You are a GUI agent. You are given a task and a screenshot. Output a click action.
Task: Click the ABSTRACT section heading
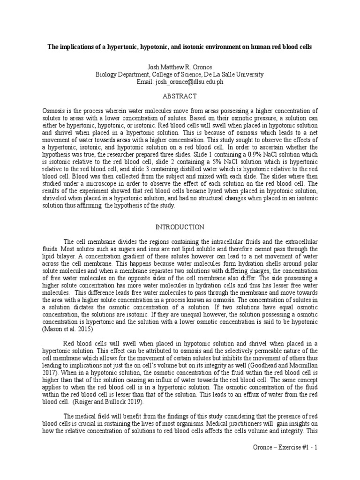(180, 96)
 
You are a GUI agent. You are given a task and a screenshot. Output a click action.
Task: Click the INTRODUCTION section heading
(180, 227)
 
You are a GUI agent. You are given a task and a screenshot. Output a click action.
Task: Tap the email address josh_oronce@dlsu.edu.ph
(180, 82)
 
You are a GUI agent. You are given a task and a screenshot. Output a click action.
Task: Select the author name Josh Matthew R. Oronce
(180, 67)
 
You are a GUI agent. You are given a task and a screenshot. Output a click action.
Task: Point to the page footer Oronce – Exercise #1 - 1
(285, 448)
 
